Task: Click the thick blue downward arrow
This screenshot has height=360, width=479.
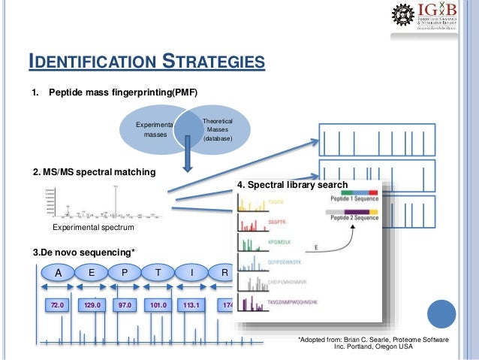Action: tap(189, 159)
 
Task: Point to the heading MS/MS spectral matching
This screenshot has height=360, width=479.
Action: tap(95, 172)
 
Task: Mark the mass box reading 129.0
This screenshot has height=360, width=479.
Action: tap(92, 307)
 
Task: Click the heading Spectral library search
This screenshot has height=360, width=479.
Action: tap(292, 185)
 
